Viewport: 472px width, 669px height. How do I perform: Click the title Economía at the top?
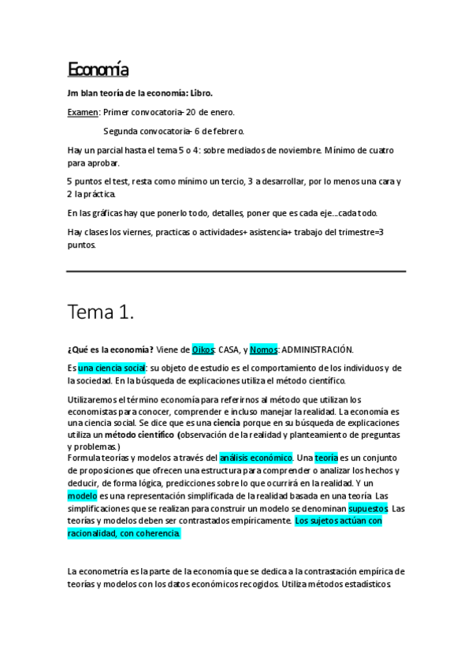point(98,70)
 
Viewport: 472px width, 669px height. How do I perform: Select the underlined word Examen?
point(83,112)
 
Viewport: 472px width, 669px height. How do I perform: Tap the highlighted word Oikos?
point(203,349)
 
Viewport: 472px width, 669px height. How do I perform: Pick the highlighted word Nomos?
point(264,349)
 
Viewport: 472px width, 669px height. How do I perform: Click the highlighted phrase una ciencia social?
point(112,368)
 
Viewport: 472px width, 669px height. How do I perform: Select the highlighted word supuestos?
point(368,508)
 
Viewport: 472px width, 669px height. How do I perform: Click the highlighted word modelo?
point(82,495)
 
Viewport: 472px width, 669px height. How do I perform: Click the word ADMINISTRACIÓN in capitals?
point(318,349)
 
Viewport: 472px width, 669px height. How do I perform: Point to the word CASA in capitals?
point(230,349)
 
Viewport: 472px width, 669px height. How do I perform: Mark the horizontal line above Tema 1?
point(236,271)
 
